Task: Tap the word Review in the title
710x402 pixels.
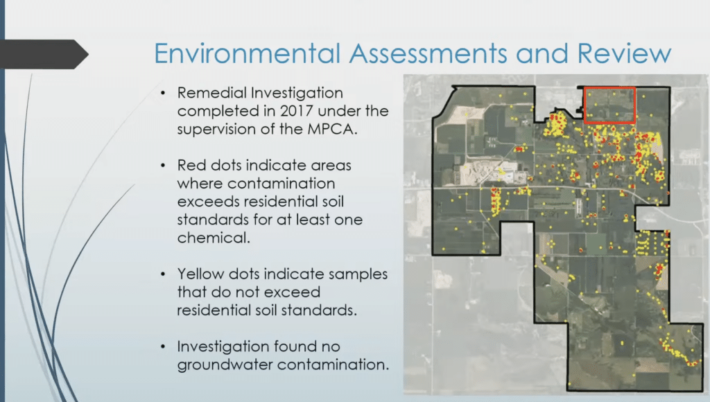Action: (x=627, y=54)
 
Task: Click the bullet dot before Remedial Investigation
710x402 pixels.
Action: (x=163, y=93)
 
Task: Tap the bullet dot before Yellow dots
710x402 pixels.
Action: (x=163, y=274)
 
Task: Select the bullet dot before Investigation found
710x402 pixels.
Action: (x=163, y=346)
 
